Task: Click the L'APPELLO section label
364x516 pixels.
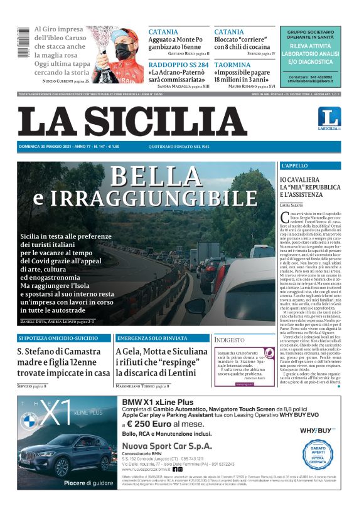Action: pyautogui.click(x=295, y=166)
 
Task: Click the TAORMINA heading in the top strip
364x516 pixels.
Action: pyautogui.click(x=232, y=65)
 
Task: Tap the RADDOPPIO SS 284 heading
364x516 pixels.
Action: pyautogui.click(x=179, y=65)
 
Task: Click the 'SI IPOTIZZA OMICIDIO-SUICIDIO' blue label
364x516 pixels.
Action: pyautogui.click(x=56, y=339)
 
